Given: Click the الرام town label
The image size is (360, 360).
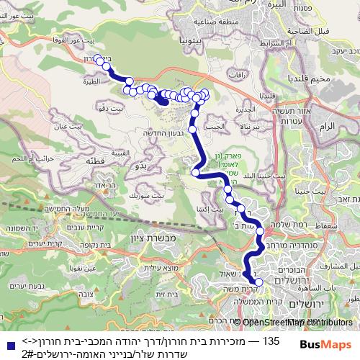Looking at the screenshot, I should tap(326, 125).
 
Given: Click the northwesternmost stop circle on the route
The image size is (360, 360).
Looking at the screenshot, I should tap(99, 60).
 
